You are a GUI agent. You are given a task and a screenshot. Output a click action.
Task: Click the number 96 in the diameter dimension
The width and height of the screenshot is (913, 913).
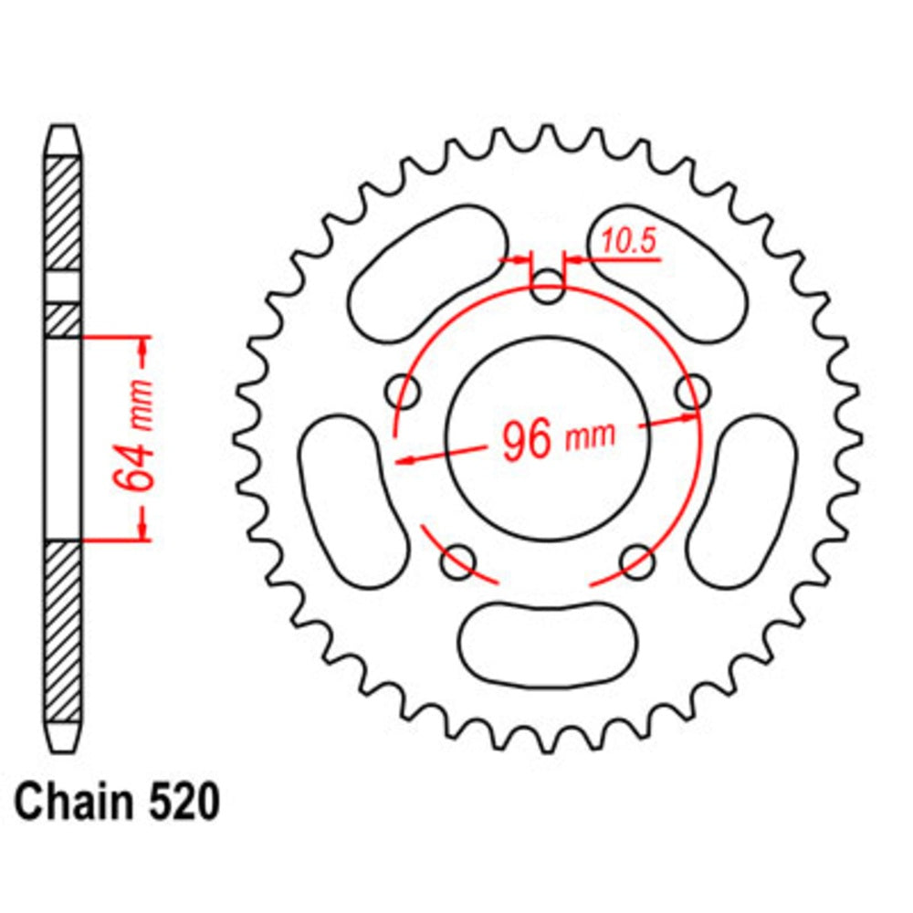point(528,441)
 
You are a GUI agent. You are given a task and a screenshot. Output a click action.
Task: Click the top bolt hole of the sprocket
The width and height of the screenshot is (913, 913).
point(548,291)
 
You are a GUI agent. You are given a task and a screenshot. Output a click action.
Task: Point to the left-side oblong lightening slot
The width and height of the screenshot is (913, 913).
point(354,498)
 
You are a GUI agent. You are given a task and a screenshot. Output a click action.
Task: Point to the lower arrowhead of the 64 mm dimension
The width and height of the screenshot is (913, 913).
point(142,530)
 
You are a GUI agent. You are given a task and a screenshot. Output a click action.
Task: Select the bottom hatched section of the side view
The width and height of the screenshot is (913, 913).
point(63,630)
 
